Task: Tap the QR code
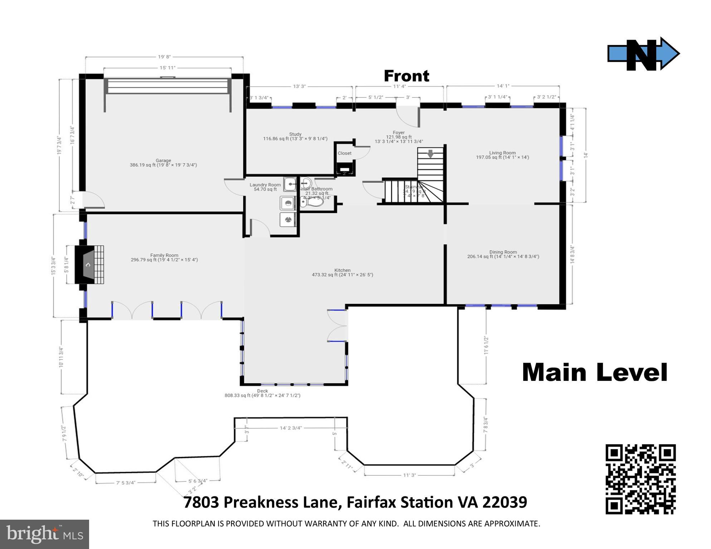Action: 640,479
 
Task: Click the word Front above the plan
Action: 406,76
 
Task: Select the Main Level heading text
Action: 594,372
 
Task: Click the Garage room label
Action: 163,161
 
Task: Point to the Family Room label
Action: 164,255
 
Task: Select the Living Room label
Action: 502,153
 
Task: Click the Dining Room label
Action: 503,252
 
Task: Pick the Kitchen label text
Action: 342,270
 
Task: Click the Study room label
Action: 295,134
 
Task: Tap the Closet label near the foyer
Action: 344,153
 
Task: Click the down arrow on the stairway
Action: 430,154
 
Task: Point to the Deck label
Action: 262,391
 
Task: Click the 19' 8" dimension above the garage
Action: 164,57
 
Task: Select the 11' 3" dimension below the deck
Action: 409,475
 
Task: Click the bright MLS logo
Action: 44,534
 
